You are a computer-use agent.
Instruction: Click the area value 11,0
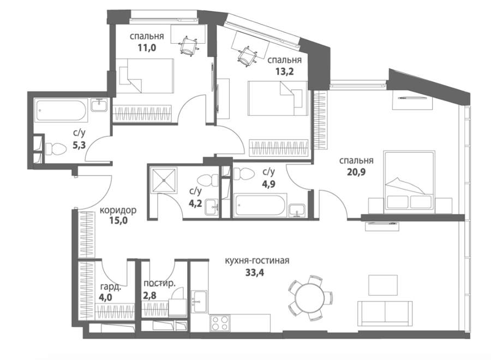(x=147, y=48)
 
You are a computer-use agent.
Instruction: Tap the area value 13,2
(x=284, y=71)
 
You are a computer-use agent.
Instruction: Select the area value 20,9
(x=356, y=172)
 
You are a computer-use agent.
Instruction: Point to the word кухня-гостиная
(x=257, y=260)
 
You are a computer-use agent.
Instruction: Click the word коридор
(x=118, y=210)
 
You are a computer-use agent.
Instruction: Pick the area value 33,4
(x=255, y=273)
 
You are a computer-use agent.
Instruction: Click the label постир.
(x=159, y=284)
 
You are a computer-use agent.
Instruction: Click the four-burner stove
(x=220, y=323)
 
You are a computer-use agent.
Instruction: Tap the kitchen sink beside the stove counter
(x=199, y=301)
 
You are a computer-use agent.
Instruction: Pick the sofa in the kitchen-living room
(x=385, y=314)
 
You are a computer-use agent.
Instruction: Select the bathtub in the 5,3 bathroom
(x=61, y=110)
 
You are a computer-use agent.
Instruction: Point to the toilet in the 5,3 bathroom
(x=56, y=149)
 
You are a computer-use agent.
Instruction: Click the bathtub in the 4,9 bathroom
(x=260, y=205)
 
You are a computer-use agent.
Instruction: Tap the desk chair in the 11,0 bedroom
(x=189, y=46)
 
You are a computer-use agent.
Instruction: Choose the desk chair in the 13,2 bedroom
(x=248, y=57)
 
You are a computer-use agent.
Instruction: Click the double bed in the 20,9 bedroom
(x=410, y=181)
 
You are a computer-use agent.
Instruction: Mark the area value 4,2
(x=195, y=203)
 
